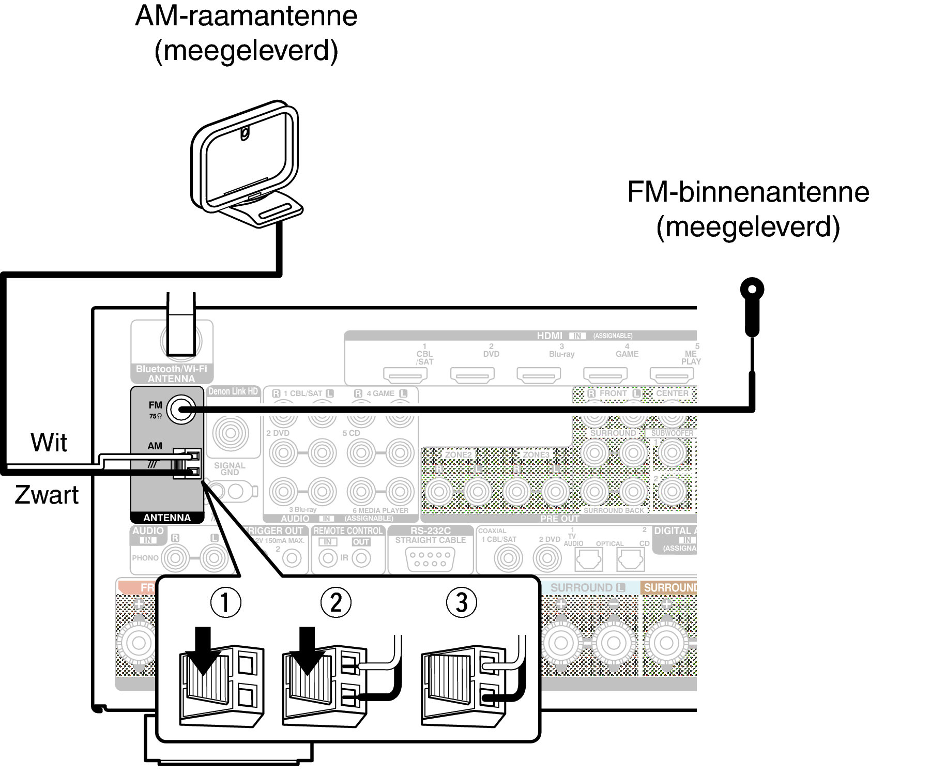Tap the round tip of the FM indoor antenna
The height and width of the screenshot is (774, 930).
tap(752, 289)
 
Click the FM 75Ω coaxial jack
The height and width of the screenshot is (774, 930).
tap(181, 409)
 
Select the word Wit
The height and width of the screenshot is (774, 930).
tap(49, 443)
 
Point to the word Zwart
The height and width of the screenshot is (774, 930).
tap(47, 495)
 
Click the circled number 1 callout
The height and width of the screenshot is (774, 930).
tap(225, 602)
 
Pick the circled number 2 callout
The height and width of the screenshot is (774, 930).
tap(336, 602)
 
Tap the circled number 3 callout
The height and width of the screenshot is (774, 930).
tap(461, 602)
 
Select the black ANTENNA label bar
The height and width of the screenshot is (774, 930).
tap(167, 518)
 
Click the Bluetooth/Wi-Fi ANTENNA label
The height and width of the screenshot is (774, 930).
tap(172, 374)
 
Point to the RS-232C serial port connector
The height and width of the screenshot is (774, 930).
tap(431, 559)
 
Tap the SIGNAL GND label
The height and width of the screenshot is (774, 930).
tap(230, 468)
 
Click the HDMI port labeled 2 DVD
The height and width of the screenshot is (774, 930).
tap(472, 373)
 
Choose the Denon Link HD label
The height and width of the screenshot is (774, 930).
tap(233, 391)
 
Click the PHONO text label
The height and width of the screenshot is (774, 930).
tap(145, 558)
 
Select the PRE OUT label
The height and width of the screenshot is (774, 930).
tap(559, 518)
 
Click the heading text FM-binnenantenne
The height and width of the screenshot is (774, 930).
tap(748, 192)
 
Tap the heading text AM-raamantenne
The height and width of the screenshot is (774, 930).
tap(246, 16)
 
